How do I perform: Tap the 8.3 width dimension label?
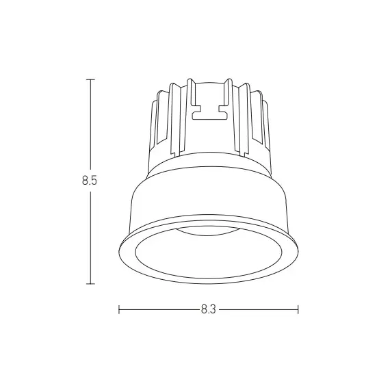[209, 309]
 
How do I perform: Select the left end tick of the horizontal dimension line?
[119, 309]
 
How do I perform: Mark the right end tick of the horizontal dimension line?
[298, 309]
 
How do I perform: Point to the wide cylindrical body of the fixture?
[209, 198]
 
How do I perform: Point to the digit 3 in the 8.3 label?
[213, 309]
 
